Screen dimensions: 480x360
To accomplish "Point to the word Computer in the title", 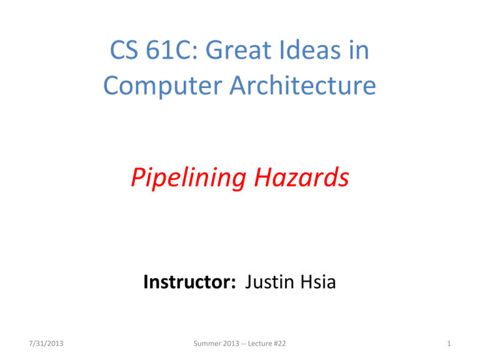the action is [x=163, y=86].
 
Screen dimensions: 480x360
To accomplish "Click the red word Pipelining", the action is [x=189, y=177].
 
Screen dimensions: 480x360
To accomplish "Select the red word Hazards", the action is [x=301, y=177].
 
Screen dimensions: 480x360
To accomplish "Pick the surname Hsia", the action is [x=318, y=282].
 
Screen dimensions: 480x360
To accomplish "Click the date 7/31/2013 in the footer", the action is [x=46, y=344].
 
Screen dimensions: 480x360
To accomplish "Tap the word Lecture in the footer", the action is [x=260, y=344].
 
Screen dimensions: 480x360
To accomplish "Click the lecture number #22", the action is [x=280, y=344].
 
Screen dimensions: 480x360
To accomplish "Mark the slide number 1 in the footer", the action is [x=449, y=344].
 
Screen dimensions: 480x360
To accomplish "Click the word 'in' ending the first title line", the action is [x=359, y=49].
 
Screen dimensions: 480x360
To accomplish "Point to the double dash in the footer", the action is [x=243, y=344].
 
